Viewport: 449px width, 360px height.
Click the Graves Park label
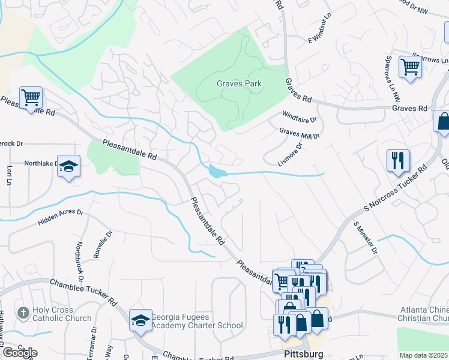tap(239, 84)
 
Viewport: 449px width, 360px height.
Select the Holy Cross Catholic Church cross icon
tap(23, 313)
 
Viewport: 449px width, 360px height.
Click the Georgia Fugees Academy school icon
tap(140, 321)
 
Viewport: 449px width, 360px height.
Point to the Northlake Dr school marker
tap(69, 167)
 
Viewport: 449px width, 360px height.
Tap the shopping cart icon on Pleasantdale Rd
tap(30, 97)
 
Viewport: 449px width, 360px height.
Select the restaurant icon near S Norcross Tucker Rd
tap(398, 160)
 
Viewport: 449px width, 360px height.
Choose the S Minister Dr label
tap(366, 236)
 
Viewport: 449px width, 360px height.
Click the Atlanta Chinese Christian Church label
tap(424, 314)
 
